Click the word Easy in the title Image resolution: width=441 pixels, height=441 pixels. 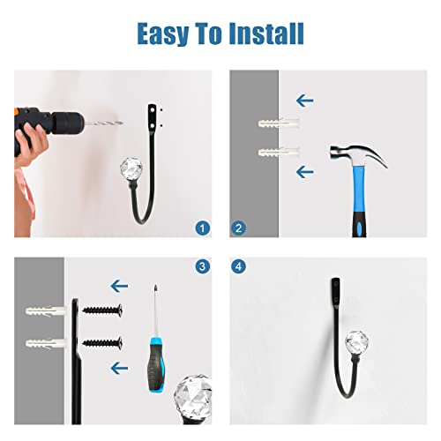pos(163,34)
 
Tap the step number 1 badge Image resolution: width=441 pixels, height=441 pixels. pos(203,228)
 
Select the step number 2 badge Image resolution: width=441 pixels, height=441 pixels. pos(238,228)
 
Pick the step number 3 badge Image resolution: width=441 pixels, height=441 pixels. pos(203,266)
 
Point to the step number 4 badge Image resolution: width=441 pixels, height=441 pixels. pos(238,266)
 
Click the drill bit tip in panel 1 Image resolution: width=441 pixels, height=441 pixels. pos(122,123)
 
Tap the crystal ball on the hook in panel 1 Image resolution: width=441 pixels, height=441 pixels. pos(131,168)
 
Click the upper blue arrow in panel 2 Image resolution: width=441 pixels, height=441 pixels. pos(305,101)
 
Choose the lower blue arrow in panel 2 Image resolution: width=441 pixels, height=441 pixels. pos(305,172)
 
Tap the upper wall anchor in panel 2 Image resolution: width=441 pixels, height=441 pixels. pos(279,123)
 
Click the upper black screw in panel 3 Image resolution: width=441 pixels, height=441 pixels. pos(102,310)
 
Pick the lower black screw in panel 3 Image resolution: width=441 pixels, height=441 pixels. pos(102,342)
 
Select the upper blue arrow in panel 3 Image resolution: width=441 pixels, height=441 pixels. pos(119,286)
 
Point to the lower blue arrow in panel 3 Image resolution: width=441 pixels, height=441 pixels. pos(119,368)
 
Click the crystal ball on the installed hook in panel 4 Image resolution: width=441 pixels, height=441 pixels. pos(356,342)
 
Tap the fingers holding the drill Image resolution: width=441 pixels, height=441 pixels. pos(32,138)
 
